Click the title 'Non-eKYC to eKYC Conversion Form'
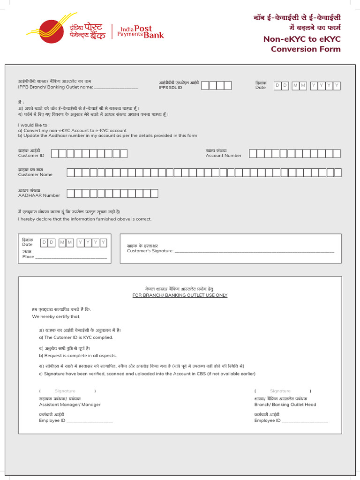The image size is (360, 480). tap(302, 45)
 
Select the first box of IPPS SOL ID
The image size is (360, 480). tap(212, 85)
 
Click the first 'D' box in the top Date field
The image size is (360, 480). tap(277, 85)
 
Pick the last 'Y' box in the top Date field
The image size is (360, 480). tap(337, 85)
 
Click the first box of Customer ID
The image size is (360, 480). tap(55, 153)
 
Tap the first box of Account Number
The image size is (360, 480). tap(253, 153)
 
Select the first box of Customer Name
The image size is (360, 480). tap(71, 172)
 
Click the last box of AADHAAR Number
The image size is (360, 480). tap(154, 193)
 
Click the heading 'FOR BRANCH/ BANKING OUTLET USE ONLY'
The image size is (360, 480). tap(180, 295)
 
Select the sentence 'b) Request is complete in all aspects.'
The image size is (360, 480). tap(78, 356)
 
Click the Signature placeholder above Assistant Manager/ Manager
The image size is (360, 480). tap(65, 391)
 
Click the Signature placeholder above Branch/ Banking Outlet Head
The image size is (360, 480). tap(280, 391)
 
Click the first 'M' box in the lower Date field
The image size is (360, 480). tap(62, 242)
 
